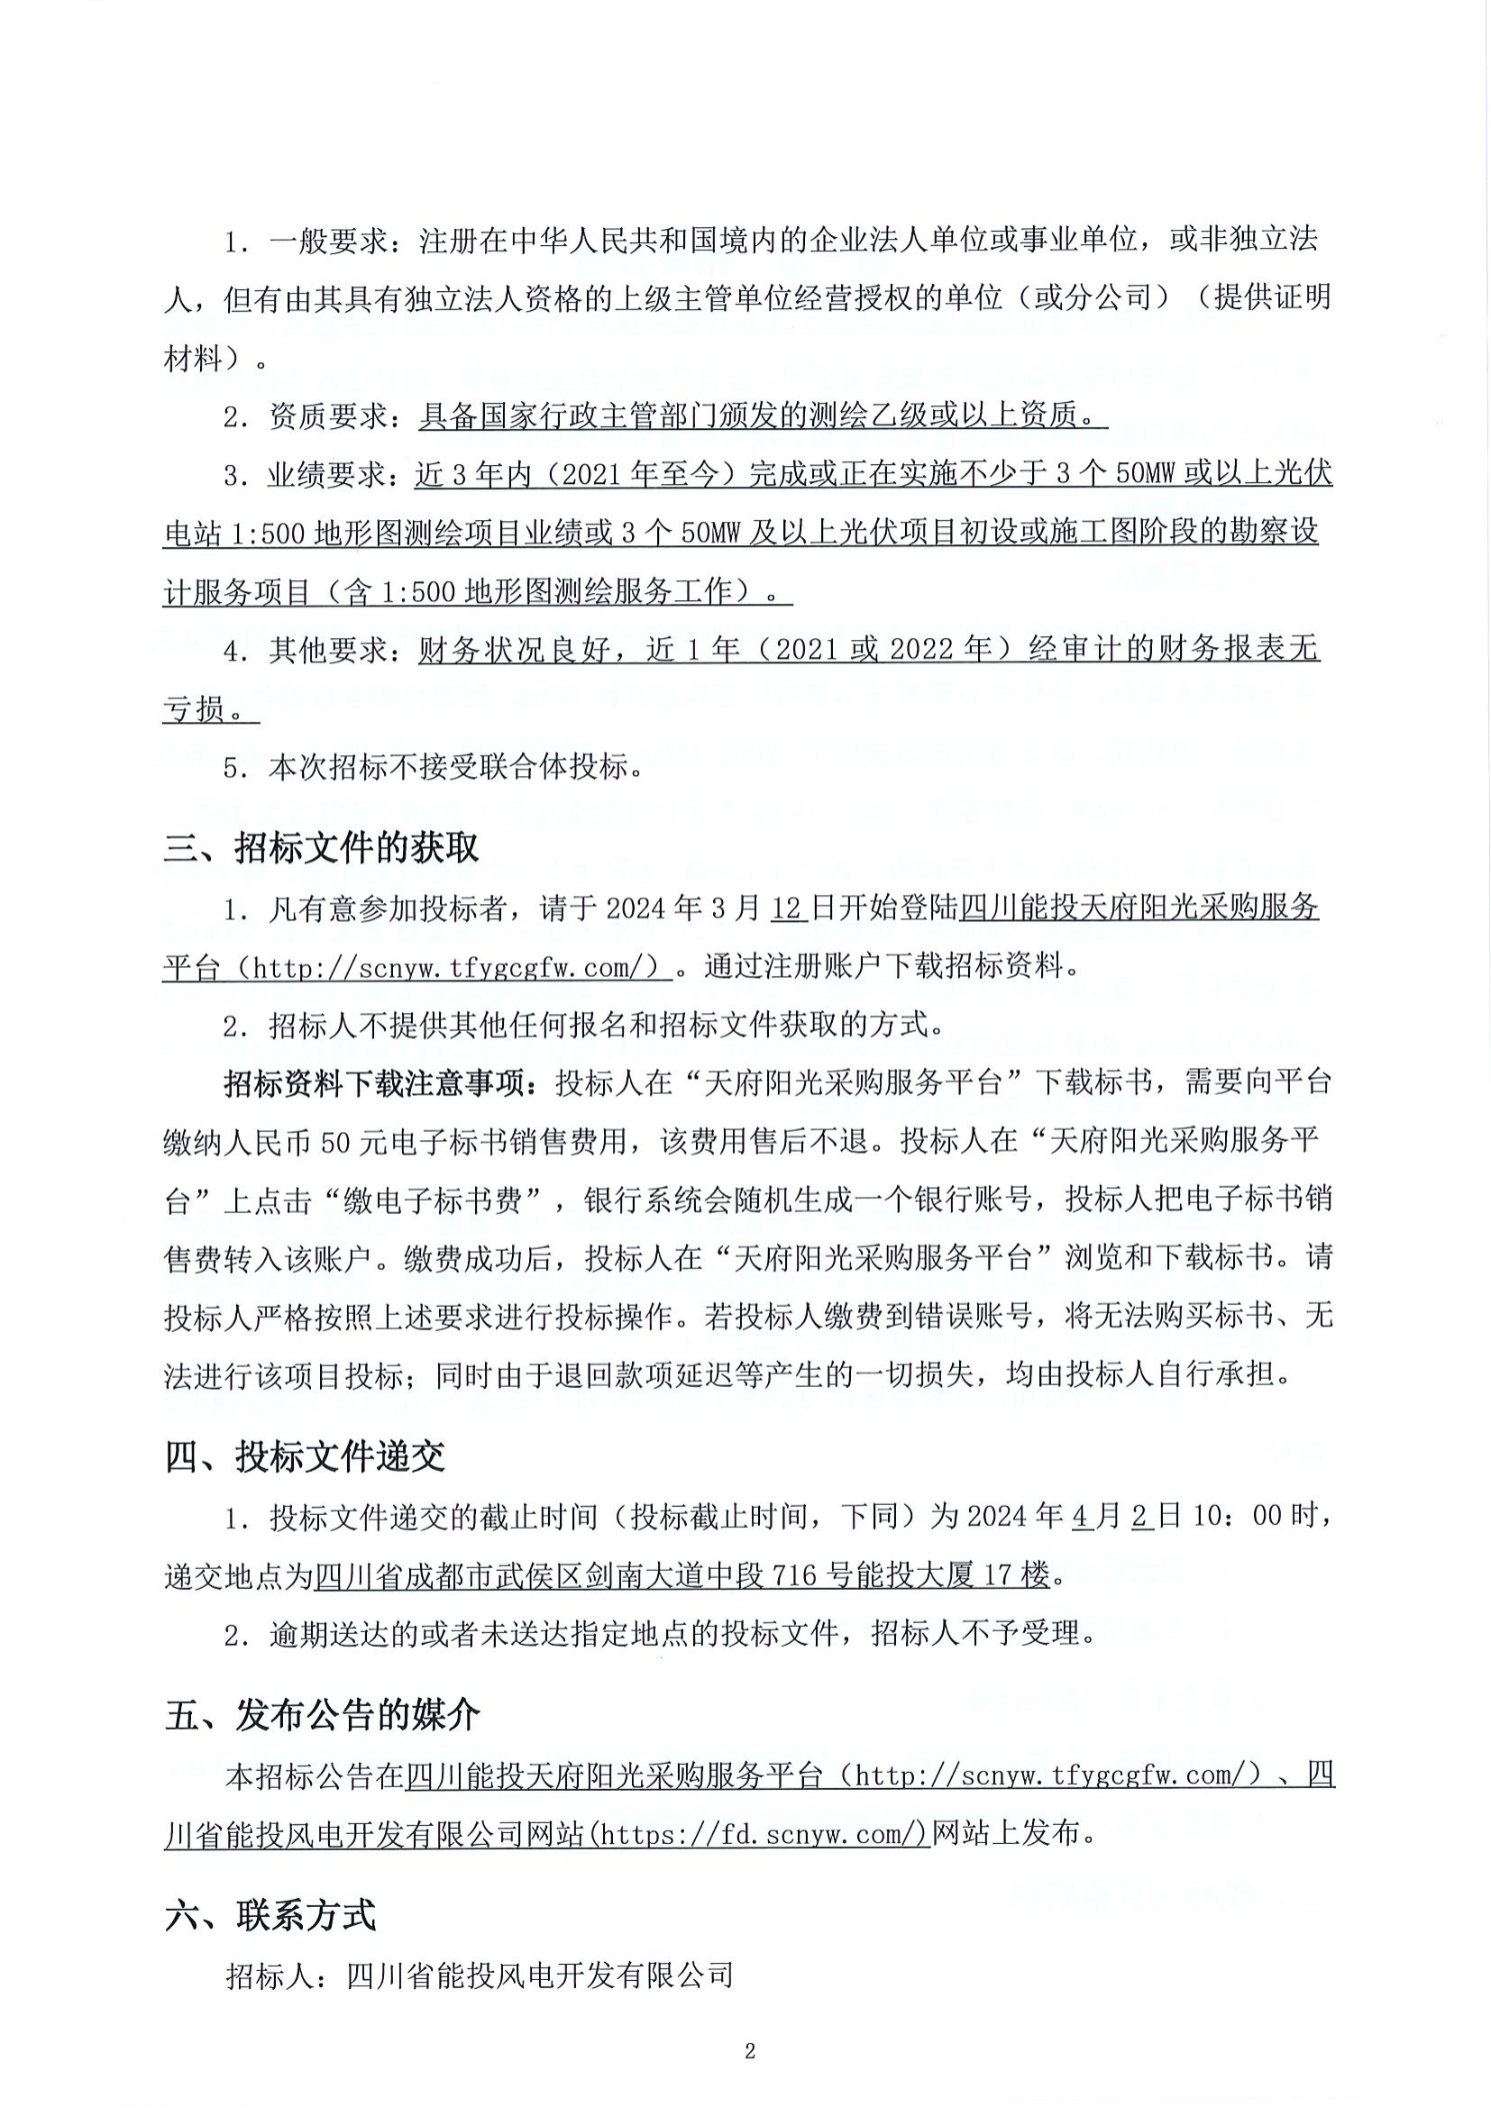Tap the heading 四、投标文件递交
point(305,1457)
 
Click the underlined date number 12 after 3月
point(788,909)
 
